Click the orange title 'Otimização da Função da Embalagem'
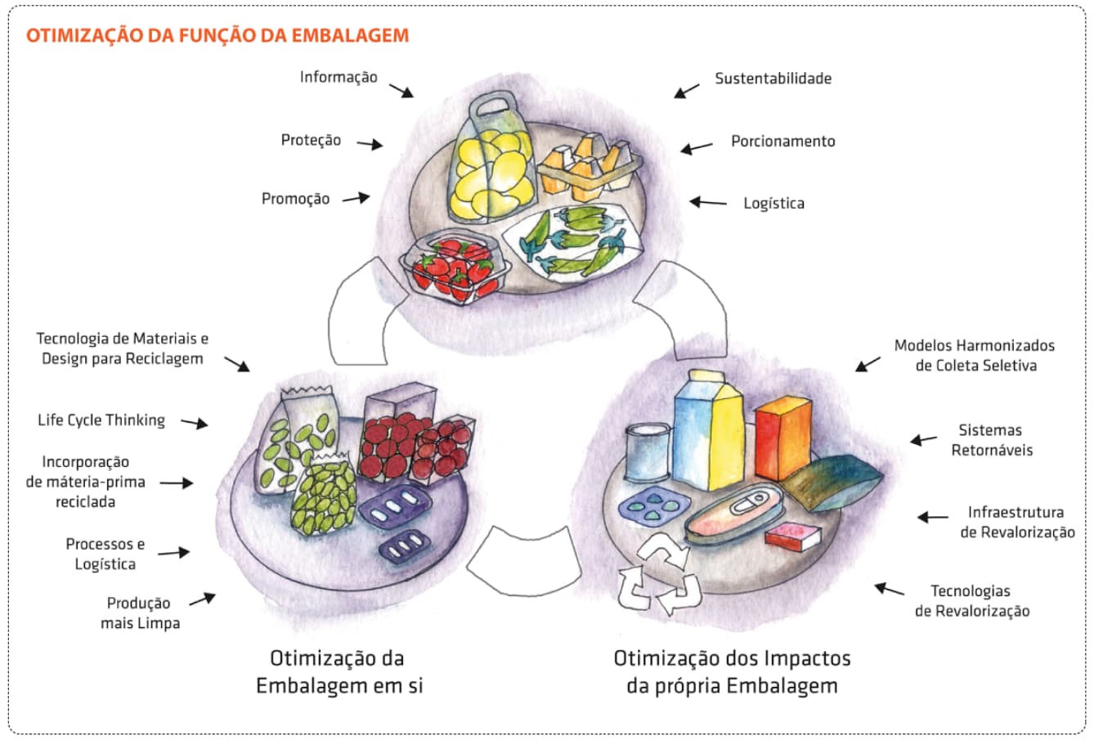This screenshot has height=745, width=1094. [x=217, y=36]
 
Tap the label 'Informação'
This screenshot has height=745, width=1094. [x=339, y=78]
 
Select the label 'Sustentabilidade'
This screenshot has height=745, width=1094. [x=773, y=79]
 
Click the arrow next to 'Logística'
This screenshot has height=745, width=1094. [x=708, y=202]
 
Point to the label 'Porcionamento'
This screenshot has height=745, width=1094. [x=782, y=141]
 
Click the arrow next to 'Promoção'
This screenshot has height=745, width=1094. [x=356, y=198]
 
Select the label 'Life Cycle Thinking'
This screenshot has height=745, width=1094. [x=101, y=420]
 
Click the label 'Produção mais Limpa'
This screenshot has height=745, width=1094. [x=140, y=613]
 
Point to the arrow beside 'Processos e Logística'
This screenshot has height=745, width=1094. [x=173, y=553]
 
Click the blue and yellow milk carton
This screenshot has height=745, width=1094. [x=708, y=429]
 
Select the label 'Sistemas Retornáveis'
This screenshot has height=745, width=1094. [x=991, y=440]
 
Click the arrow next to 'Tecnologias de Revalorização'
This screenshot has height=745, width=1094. [x=890, y=589]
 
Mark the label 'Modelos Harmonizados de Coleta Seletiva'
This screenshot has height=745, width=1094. [x=975, y=356]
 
